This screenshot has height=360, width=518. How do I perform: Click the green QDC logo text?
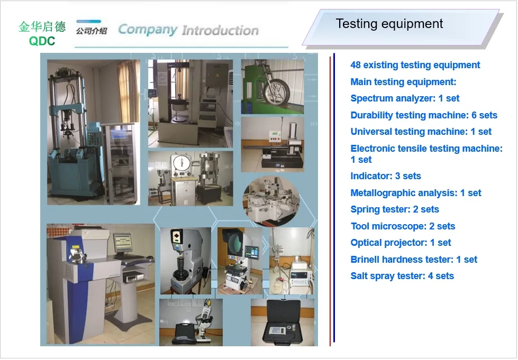(42, 41)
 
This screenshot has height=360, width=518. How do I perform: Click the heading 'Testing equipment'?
(389, 24)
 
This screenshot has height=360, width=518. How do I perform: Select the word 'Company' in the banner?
(147, 30)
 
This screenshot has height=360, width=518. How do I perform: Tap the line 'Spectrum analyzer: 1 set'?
(405, 98)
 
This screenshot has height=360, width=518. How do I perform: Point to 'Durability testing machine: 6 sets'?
(424, 115)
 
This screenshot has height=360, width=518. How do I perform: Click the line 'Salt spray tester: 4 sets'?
(402, 276)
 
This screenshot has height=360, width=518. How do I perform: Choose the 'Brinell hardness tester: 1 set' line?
(414, 260)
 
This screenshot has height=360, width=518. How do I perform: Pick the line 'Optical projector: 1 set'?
(401, 243)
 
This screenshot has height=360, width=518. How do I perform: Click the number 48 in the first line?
(356, 65)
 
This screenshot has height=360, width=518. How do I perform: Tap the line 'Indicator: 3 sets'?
(386, 176)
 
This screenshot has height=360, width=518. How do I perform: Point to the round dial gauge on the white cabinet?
(181, 164)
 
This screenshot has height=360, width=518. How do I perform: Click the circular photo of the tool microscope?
(271, 201)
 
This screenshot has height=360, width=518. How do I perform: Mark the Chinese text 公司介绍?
(92, 31)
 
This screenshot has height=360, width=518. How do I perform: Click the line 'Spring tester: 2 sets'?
(394, 209)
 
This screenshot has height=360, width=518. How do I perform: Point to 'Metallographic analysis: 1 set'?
(415, 193)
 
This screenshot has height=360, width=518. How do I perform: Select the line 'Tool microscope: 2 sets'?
(403, 226)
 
